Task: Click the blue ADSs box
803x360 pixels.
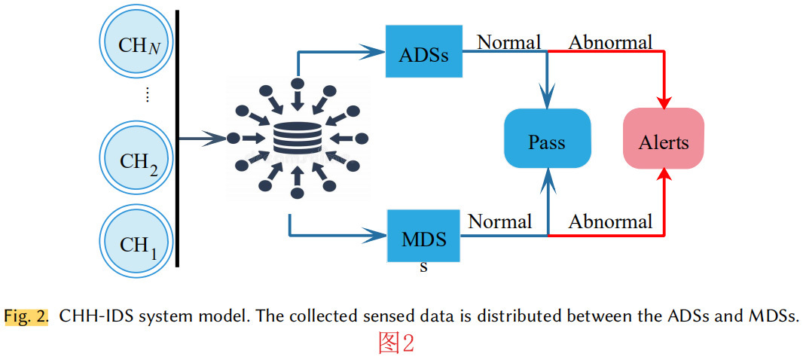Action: pos(423,52)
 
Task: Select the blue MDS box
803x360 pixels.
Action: pos(423,237)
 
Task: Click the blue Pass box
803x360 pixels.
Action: pos(547,139)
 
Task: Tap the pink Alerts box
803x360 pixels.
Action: pos(664,139)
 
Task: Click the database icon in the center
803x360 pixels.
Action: pos(297,139)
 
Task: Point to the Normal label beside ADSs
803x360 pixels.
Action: pos(509,42)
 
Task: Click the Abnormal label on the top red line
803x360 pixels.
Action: pos(610,42)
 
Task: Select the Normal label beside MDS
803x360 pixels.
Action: pos(500,221)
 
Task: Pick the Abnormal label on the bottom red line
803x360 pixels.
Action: pos(610,222)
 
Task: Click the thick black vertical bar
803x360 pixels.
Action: pos(177,139)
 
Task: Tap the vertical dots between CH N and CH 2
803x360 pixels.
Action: pos(148,95)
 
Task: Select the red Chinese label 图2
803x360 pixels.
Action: pos(396,343)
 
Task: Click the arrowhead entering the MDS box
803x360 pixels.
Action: pos(374,236)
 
